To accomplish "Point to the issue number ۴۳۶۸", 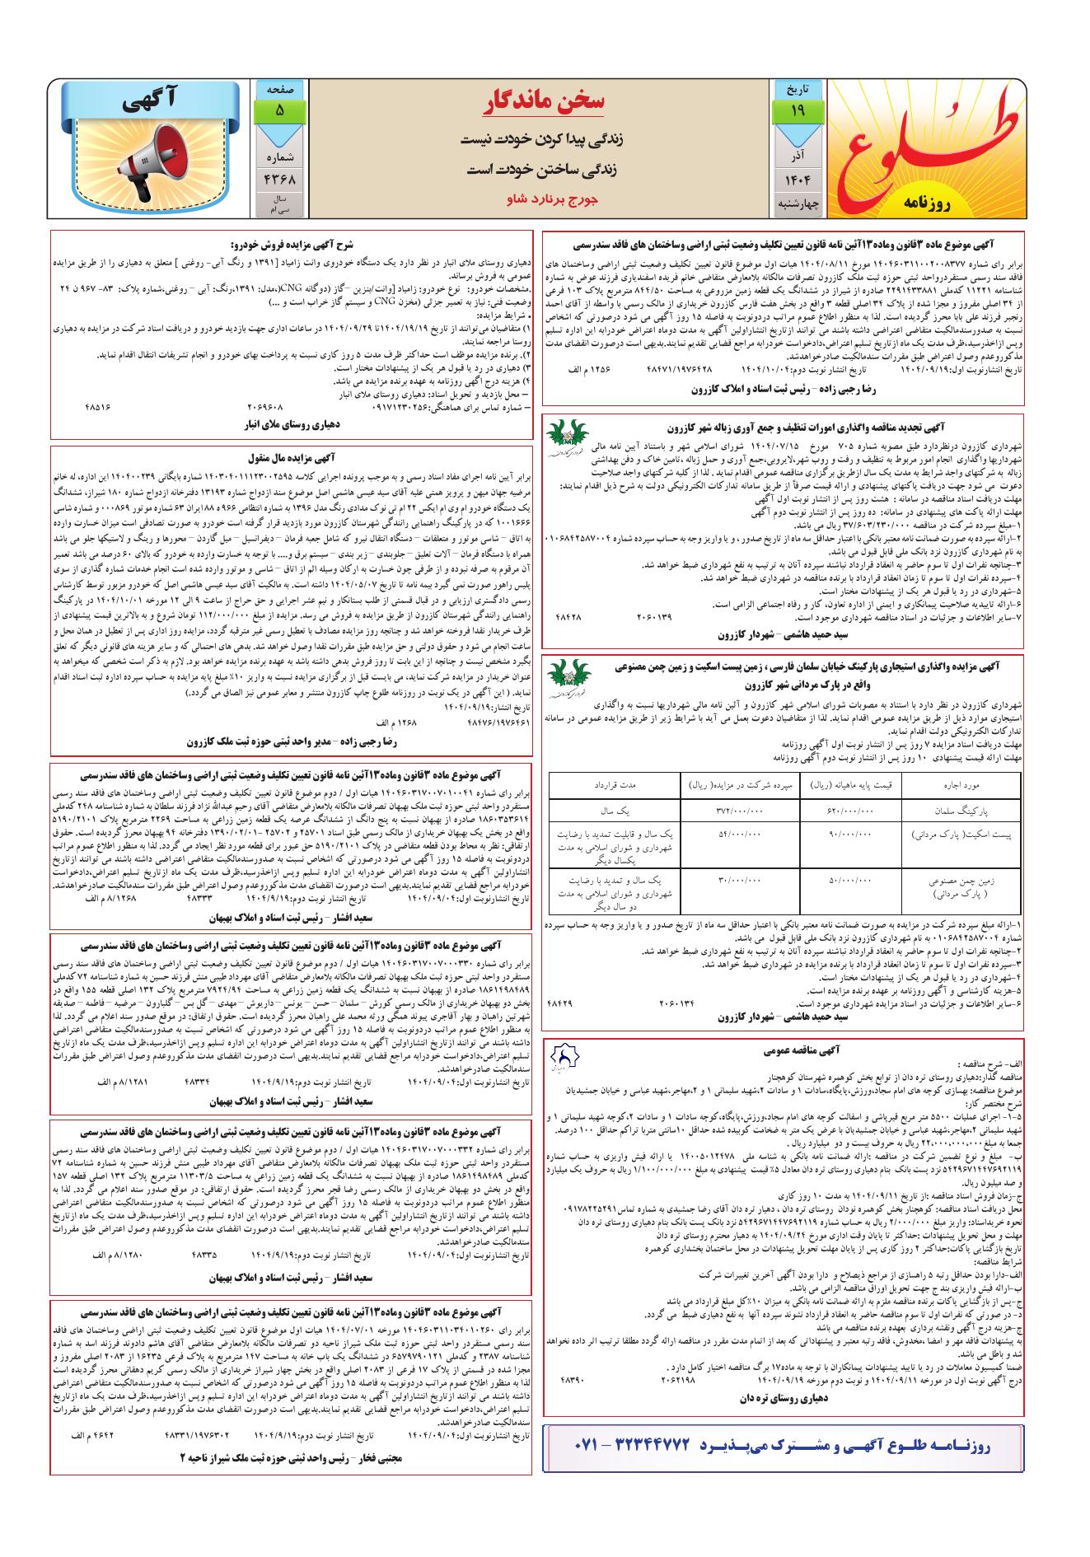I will coord(279,179).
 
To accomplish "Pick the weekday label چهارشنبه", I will coord(798,203).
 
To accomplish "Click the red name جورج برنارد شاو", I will coord(545,199).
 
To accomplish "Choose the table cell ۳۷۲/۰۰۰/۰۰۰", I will coord(738,811).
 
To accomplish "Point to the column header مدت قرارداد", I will coord(615,785).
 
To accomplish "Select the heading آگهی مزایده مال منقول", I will coord(292,455).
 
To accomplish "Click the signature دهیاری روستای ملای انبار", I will coord(292,425).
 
